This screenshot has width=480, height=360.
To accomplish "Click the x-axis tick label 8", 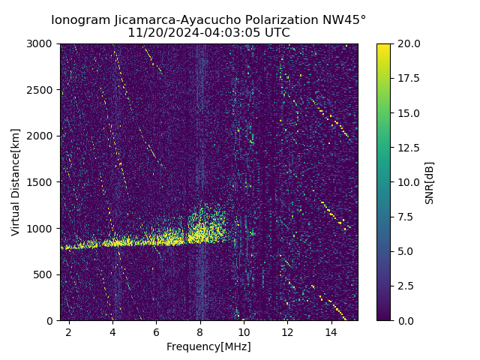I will (x=200, y=331).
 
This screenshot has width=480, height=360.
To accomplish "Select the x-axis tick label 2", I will (x=69, y=331).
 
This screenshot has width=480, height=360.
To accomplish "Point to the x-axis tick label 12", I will (x=287, y=331).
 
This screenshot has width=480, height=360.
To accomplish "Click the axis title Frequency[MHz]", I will (x=208, y=346).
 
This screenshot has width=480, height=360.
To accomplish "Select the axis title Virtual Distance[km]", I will (x=16, y=182).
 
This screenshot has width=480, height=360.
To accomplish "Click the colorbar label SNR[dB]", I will (x=430, y=182).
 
